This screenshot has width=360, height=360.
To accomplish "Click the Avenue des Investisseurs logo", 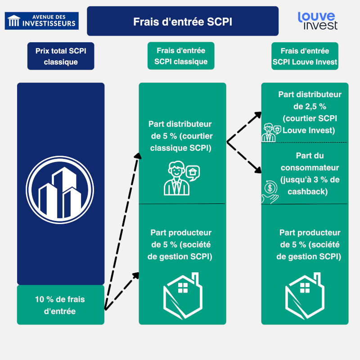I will [41, 21].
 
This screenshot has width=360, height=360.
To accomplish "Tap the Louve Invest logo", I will [318, 21].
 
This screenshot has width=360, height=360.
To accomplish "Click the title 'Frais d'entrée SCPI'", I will [183, 21].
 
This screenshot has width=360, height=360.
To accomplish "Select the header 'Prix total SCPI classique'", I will [61, 57].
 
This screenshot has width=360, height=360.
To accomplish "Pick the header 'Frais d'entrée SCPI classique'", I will [181, 56].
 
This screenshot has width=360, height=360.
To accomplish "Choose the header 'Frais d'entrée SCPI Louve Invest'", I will [305, 57].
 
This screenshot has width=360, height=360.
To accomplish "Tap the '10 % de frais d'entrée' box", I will [60, 305].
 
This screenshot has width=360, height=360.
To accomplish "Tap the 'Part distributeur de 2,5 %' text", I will [310, 112].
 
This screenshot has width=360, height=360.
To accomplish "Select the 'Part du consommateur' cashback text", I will [310, 174].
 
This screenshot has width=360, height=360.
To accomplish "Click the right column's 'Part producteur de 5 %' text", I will [310, 245].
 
